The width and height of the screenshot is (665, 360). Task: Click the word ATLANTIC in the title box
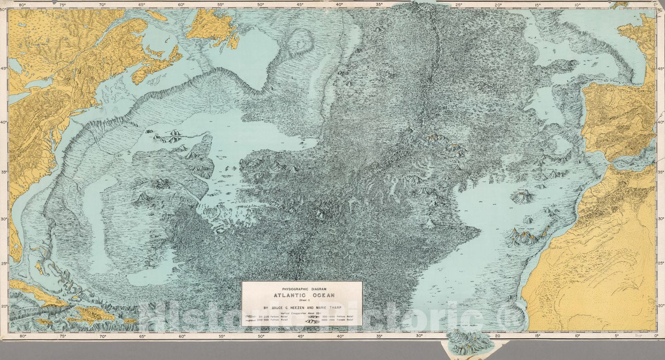click(289, 295)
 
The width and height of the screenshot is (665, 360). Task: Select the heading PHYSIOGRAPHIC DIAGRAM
click(302, 288)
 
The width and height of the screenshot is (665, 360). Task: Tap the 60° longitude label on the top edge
click(181, 5)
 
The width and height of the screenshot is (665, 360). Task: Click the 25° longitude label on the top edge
click(458, 5)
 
